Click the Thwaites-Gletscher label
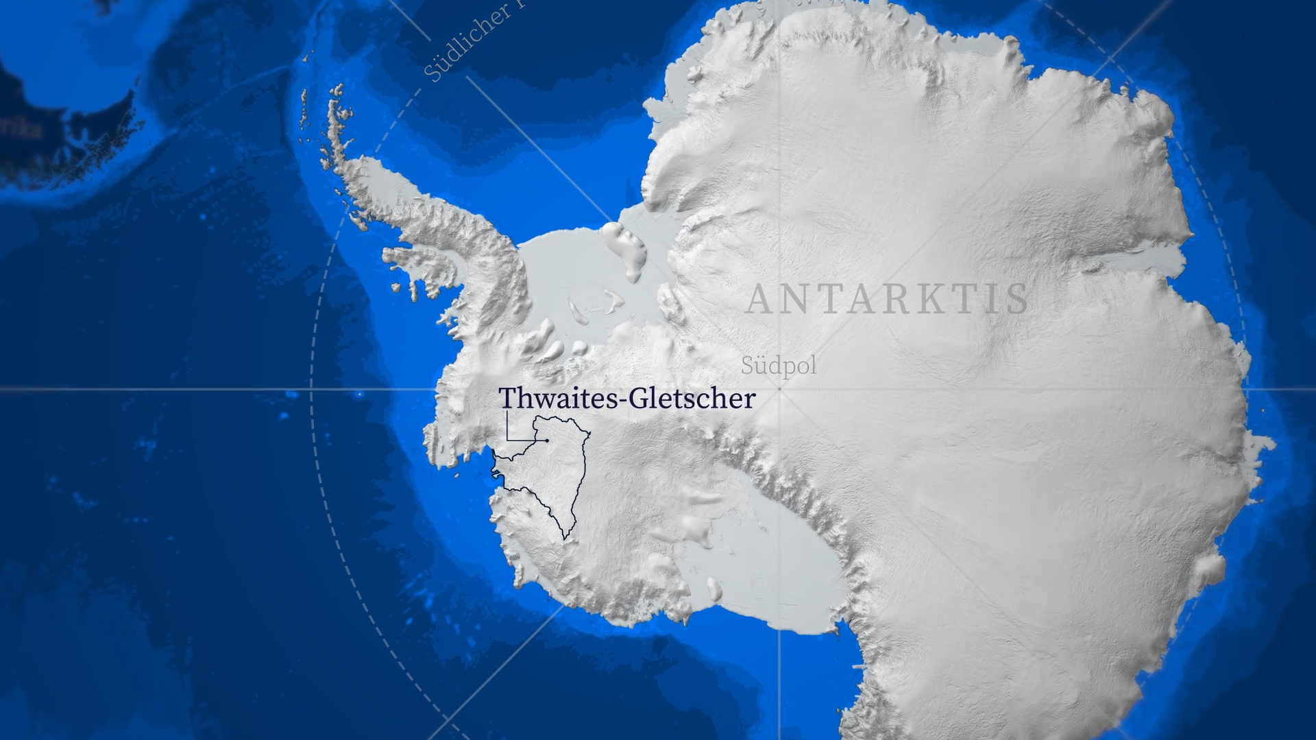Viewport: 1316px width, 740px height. [x=626, y=399]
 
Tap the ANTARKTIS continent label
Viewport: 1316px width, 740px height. [x=887, y=299]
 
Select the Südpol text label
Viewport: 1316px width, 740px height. [x=779, y=365]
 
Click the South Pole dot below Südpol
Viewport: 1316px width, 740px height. [x=779, y=388]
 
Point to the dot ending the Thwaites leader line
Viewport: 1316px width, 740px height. [x=546, y=440]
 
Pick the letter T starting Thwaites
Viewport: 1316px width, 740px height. [x=507, y=399]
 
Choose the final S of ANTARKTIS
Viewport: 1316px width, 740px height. [x=1019, y=299]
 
